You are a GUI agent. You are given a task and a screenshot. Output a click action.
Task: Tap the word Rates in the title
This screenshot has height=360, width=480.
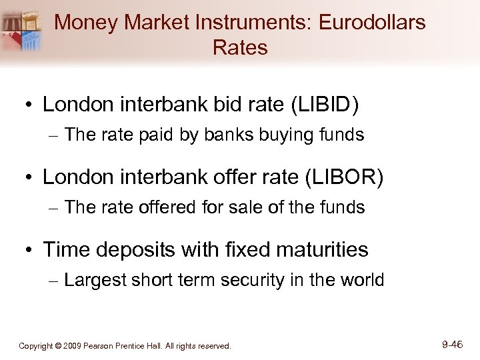240,48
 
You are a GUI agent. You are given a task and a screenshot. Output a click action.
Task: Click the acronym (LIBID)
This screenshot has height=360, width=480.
327,104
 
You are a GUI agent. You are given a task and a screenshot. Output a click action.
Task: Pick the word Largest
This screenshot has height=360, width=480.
94,281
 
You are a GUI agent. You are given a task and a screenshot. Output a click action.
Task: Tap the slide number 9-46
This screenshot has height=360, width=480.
452,345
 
